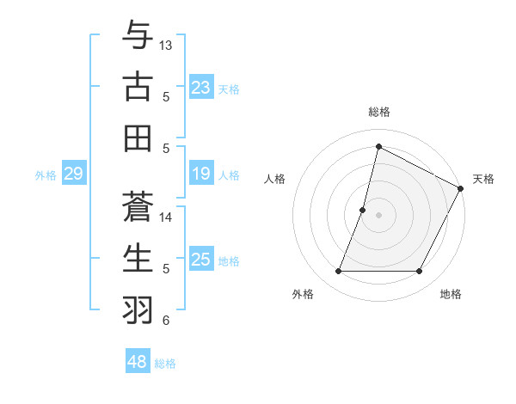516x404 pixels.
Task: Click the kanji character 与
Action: click(138, 37)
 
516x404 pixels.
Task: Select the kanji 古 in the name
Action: click(138, 87)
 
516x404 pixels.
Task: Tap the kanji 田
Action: click(138, 138)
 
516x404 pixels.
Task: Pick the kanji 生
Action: click(138, 258)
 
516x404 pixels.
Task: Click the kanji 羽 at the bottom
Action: click(138, 309)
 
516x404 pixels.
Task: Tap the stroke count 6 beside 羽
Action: click(166, 321)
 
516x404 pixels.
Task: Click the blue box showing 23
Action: click(200, 88)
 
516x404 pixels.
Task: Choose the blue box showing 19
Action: click(200, 174)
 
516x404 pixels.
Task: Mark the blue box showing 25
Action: click(200, 260)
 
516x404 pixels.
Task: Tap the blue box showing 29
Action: click(73, 174)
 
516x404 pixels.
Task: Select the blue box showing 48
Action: click(137, 362)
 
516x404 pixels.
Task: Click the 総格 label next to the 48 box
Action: click(165, 364)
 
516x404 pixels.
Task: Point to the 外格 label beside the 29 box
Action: click(46, 175)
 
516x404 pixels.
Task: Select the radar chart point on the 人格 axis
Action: click(363, 210)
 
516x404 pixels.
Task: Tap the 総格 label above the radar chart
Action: click(378, 112)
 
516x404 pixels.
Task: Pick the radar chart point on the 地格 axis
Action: click(420, 272)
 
